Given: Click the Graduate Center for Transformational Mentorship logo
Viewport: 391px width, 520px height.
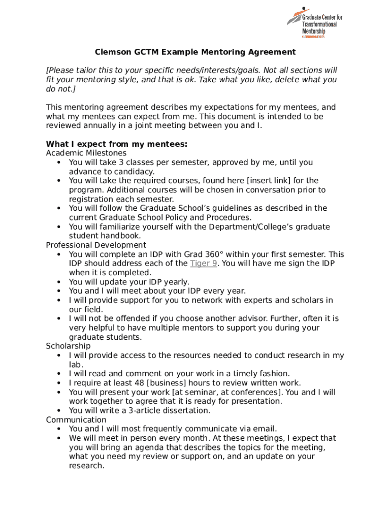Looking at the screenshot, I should point(314,23).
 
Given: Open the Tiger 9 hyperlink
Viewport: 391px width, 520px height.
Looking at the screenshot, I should point(204,263).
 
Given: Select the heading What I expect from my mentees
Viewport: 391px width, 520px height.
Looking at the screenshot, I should point(117,144).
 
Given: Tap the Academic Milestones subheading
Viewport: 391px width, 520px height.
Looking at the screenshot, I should point(86,153).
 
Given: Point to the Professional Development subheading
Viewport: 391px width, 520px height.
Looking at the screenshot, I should point(96,245).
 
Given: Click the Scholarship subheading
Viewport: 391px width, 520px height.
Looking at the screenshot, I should point(68,346).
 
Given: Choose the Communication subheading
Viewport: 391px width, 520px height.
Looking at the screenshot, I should point(76,419).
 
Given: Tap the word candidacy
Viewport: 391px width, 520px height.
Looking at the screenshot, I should point(135,172).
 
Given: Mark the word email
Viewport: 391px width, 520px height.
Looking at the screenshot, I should point(265,429).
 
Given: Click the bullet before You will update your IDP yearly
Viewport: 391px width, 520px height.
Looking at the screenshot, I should point(59,282).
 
